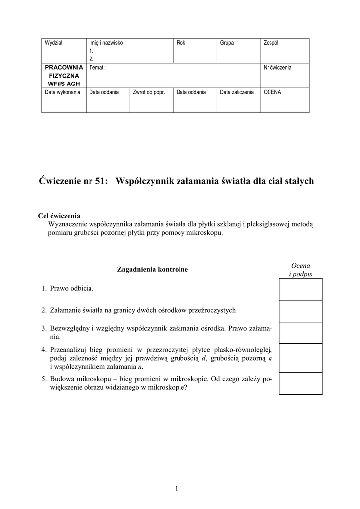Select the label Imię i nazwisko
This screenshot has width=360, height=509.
[106, 43]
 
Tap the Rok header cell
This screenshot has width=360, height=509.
[181, 43]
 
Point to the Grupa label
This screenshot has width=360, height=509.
[227, 43]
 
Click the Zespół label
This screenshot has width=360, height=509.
[270, 43]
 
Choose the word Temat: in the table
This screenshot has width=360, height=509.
[97, 67]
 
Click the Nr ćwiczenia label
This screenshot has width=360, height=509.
[277, 67]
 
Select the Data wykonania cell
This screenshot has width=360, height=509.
[63, 92]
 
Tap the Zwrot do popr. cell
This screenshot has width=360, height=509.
[149, 92]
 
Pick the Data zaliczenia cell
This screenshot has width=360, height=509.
[237, 92]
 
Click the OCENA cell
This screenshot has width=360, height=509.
[272, 92]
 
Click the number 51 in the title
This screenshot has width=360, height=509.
[99, 181]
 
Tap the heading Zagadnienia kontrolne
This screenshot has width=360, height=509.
[152, 269]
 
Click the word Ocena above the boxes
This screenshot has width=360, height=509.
[300, 266]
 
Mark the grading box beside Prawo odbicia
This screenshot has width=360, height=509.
[300, 289]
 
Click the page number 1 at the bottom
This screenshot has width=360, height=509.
[177, 488]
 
